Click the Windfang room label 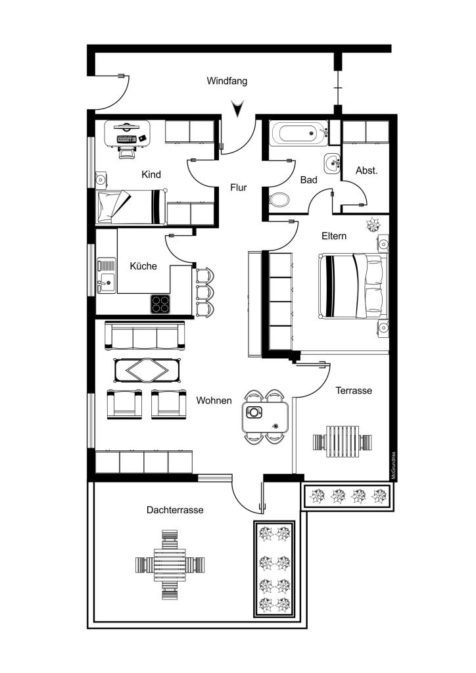[x=227, y=81]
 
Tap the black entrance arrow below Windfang [x=237, y=108]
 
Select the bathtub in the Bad [x=298, y=133]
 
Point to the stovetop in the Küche [x=160, y=304]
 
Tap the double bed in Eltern [x=353, y=286]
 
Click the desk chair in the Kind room [x=126, y=151]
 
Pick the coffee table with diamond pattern [x=147, y=370]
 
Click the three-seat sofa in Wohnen [x=145, y=336]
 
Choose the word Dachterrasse [x=175, y=510]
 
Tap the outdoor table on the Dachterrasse [x=170, y=564]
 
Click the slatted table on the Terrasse [x=342, y=442]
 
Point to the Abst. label [x=367, y=170]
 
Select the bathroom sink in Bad [x=332, y=164]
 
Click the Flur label [x=238, y=187]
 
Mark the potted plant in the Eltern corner [x=372, y=223]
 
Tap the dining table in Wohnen [x=265, y=417]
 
